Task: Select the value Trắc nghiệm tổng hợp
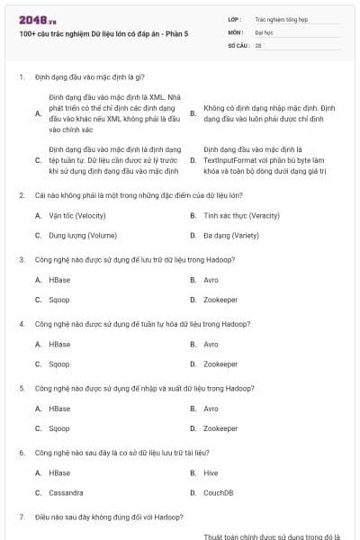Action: click(x=280, y=18)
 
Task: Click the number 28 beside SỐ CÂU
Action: click(x=258, y=44)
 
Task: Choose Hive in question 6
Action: click(x=211, y=472)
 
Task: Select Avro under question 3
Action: click(x=211, y=280)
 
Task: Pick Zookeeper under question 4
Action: click(x=220, y=364)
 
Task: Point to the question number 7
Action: click(x=22, y=517)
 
